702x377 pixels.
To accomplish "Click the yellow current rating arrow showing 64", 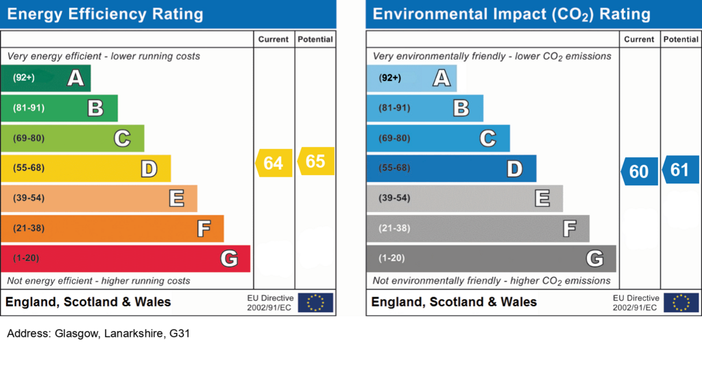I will click(x=274, y=163).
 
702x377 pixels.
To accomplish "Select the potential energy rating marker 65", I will click(x=316, y=161).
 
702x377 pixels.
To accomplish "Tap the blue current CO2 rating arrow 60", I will click(x=639, y=171).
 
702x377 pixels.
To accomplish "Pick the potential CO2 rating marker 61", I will click(x=680, y=170).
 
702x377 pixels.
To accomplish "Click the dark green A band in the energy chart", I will click(x=45, y=78).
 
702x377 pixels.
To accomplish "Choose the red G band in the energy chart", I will click(x=125, y=259).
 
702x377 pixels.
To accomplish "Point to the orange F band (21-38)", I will click(x=112, y=229).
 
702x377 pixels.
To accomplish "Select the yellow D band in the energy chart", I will click(x=85, y=168).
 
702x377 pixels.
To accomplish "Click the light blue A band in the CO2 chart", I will click(x=411, y=78).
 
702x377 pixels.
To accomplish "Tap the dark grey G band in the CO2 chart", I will click(x=491, y=259).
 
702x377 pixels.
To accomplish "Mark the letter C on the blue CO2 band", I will click(x=487, y=139).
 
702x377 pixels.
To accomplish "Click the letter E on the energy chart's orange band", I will click(x=177, y=198).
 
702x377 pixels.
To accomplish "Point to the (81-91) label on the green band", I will click(x=29, y=108).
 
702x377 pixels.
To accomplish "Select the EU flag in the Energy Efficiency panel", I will click(x=315, y=302).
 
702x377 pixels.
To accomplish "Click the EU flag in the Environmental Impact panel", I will click(x=681, y=302).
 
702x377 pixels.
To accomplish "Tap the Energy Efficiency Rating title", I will click(x=105, y=14).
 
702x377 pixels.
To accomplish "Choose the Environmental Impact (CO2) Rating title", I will click(x=511, y=14).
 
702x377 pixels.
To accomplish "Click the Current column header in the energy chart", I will click(x=274, y=40).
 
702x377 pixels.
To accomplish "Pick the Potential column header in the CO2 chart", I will click(x=681, y=40).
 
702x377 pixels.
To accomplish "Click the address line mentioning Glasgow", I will click(x=98, y=334).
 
